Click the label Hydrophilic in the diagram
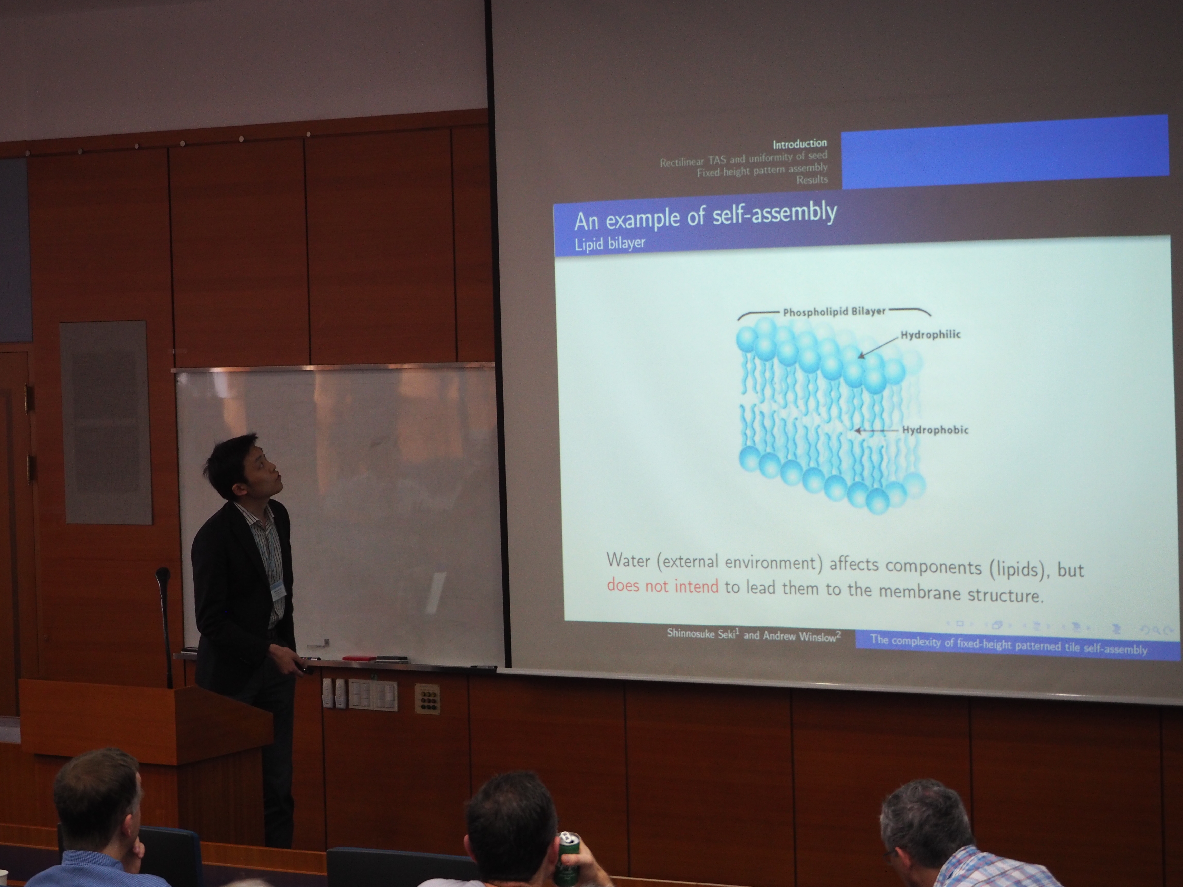931,335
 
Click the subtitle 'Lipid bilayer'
610,243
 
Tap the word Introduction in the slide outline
799,143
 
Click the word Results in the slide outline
812,180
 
